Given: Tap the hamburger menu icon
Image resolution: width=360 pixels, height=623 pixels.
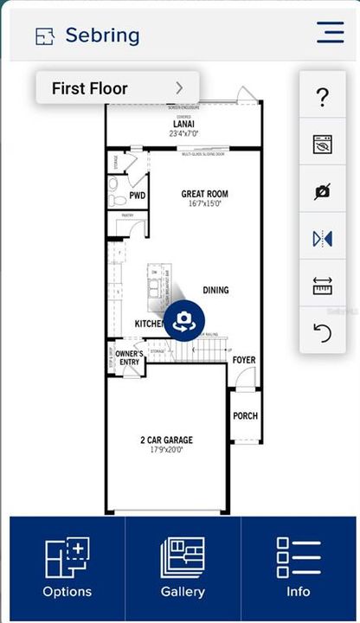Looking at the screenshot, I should point(330,32).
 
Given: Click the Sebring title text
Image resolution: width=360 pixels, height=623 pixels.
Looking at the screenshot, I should point(102,35).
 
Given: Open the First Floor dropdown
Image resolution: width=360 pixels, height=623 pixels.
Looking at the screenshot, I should point(118,88).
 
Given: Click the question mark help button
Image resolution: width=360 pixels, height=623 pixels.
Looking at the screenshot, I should point(323,98).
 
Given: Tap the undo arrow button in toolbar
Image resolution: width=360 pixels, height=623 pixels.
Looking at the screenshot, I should point(323,332).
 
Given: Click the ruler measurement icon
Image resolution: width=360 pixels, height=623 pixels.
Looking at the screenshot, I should point(323,286).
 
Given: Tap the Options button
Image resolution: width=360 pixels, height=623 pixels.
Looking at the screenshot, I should point(67,568).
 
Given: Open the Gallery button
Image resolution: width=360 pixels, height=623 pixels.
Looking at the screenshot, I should point(183,568).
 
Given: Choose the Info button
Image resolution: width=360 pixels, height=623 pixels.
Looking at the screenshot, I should point(298,568).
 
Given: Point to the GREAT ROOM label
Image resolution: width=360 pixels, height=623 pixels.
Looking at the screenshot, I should point(204,195).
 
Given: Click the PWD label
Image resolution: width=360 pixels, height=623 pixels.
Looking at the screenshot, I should point(138,196).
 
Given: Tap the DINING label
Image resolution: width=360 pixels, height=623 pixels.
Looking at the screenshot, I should point(215,290).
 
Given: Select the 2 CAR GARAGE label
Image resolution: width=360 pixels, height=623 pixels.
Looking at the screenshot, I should point(167,440).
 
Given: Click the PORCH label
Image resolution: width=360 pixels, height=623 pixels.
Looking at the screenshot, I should point(245,416).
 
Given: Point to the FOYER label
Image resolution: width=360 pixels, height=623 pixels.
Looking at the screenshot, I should point(244,359).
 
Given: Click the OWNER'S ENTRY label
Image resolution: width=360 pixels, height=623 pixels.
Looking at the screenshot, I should point(128,358).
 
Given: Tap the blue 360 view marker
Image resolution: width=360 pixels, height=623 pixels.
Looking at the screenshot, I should point(183,322).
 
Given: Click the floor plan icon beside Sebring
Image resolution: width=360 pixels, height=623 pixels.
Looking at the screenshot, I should point(44,36).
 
